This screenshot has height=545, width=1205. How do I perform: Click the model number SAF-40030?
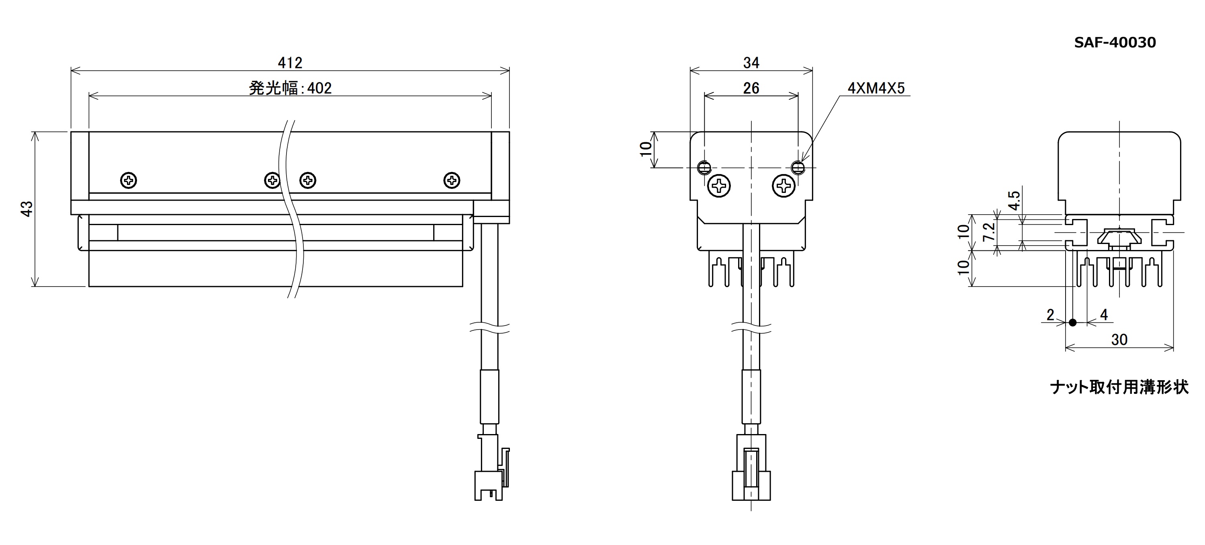1115,43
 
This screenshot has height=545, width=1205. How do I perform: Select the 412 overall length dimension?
290,63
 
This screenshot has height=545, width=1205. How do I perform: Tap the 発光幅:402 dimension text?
290,88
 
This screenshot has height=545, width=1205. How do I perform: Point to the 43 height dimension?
27,209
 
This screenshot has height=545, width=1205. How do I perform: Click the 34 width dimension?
751,63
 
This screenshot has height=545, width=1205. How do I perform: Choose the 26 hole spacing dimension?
751,88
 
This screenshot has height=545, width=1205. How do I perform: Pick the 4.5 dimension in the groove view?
1014,201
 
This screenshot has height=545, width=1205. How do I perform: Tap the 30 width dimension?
1119,340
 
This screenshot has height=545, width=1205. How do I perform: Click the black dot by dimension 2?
1073,322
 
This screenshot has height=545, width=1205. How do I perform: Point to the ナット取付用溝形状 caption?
1119,387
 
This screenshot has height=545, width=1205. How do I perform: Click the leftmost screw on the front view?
129,180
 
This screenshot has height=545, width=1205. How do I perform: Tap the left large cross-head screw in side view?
720,186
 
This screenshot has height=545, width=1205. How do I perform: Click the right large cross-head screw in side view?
783,186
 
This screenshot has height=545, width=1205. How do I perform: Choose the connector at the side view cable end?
751,467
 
